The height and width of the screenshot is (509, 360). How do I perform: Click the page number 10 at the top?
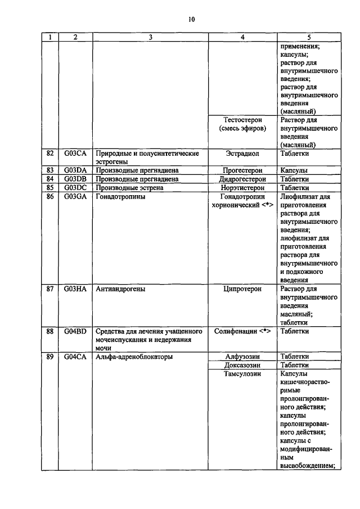pos(191,20)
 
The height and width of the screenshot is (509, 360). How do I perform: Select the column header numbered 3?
pos(150,38)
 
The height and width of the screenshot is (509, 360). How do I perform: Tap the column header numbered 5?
pos(309,38)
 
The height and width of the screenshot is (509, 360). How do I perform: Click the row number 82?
pos(50,153)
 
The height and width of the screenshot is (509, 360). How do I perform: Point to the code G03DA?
pos(75,170)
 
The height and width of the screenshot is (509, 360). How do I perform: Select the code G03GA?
pos(75,197)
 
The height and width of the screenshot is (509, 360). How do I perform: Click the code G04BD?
pos(75,331)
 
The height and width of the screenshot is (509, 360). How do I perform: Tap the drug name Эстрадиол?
pos(243,153)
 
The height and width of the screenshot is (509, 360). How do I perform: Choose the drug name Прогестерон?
pos(243,170)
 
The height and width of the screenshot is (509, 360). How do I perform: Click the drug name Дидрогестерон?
pos(243,179)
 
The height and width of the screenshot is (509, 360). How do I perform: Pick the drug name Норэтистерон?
pos(243,188)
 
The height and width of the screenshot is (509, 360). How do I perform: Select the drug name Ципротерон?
pos(243,289)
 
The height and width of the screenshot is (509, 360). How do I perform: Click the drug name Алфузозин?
pos(243,356)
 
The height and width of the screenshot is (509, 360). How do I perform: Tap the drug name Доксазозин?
pos(243,365)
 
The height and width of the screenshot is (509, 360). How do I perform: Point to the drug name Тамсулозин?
pos(243,374)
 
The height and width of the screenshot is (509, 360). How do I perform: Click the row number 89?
pos(50,356)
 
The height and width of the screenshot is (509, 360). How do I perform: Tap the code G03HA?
pos(75,289)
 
